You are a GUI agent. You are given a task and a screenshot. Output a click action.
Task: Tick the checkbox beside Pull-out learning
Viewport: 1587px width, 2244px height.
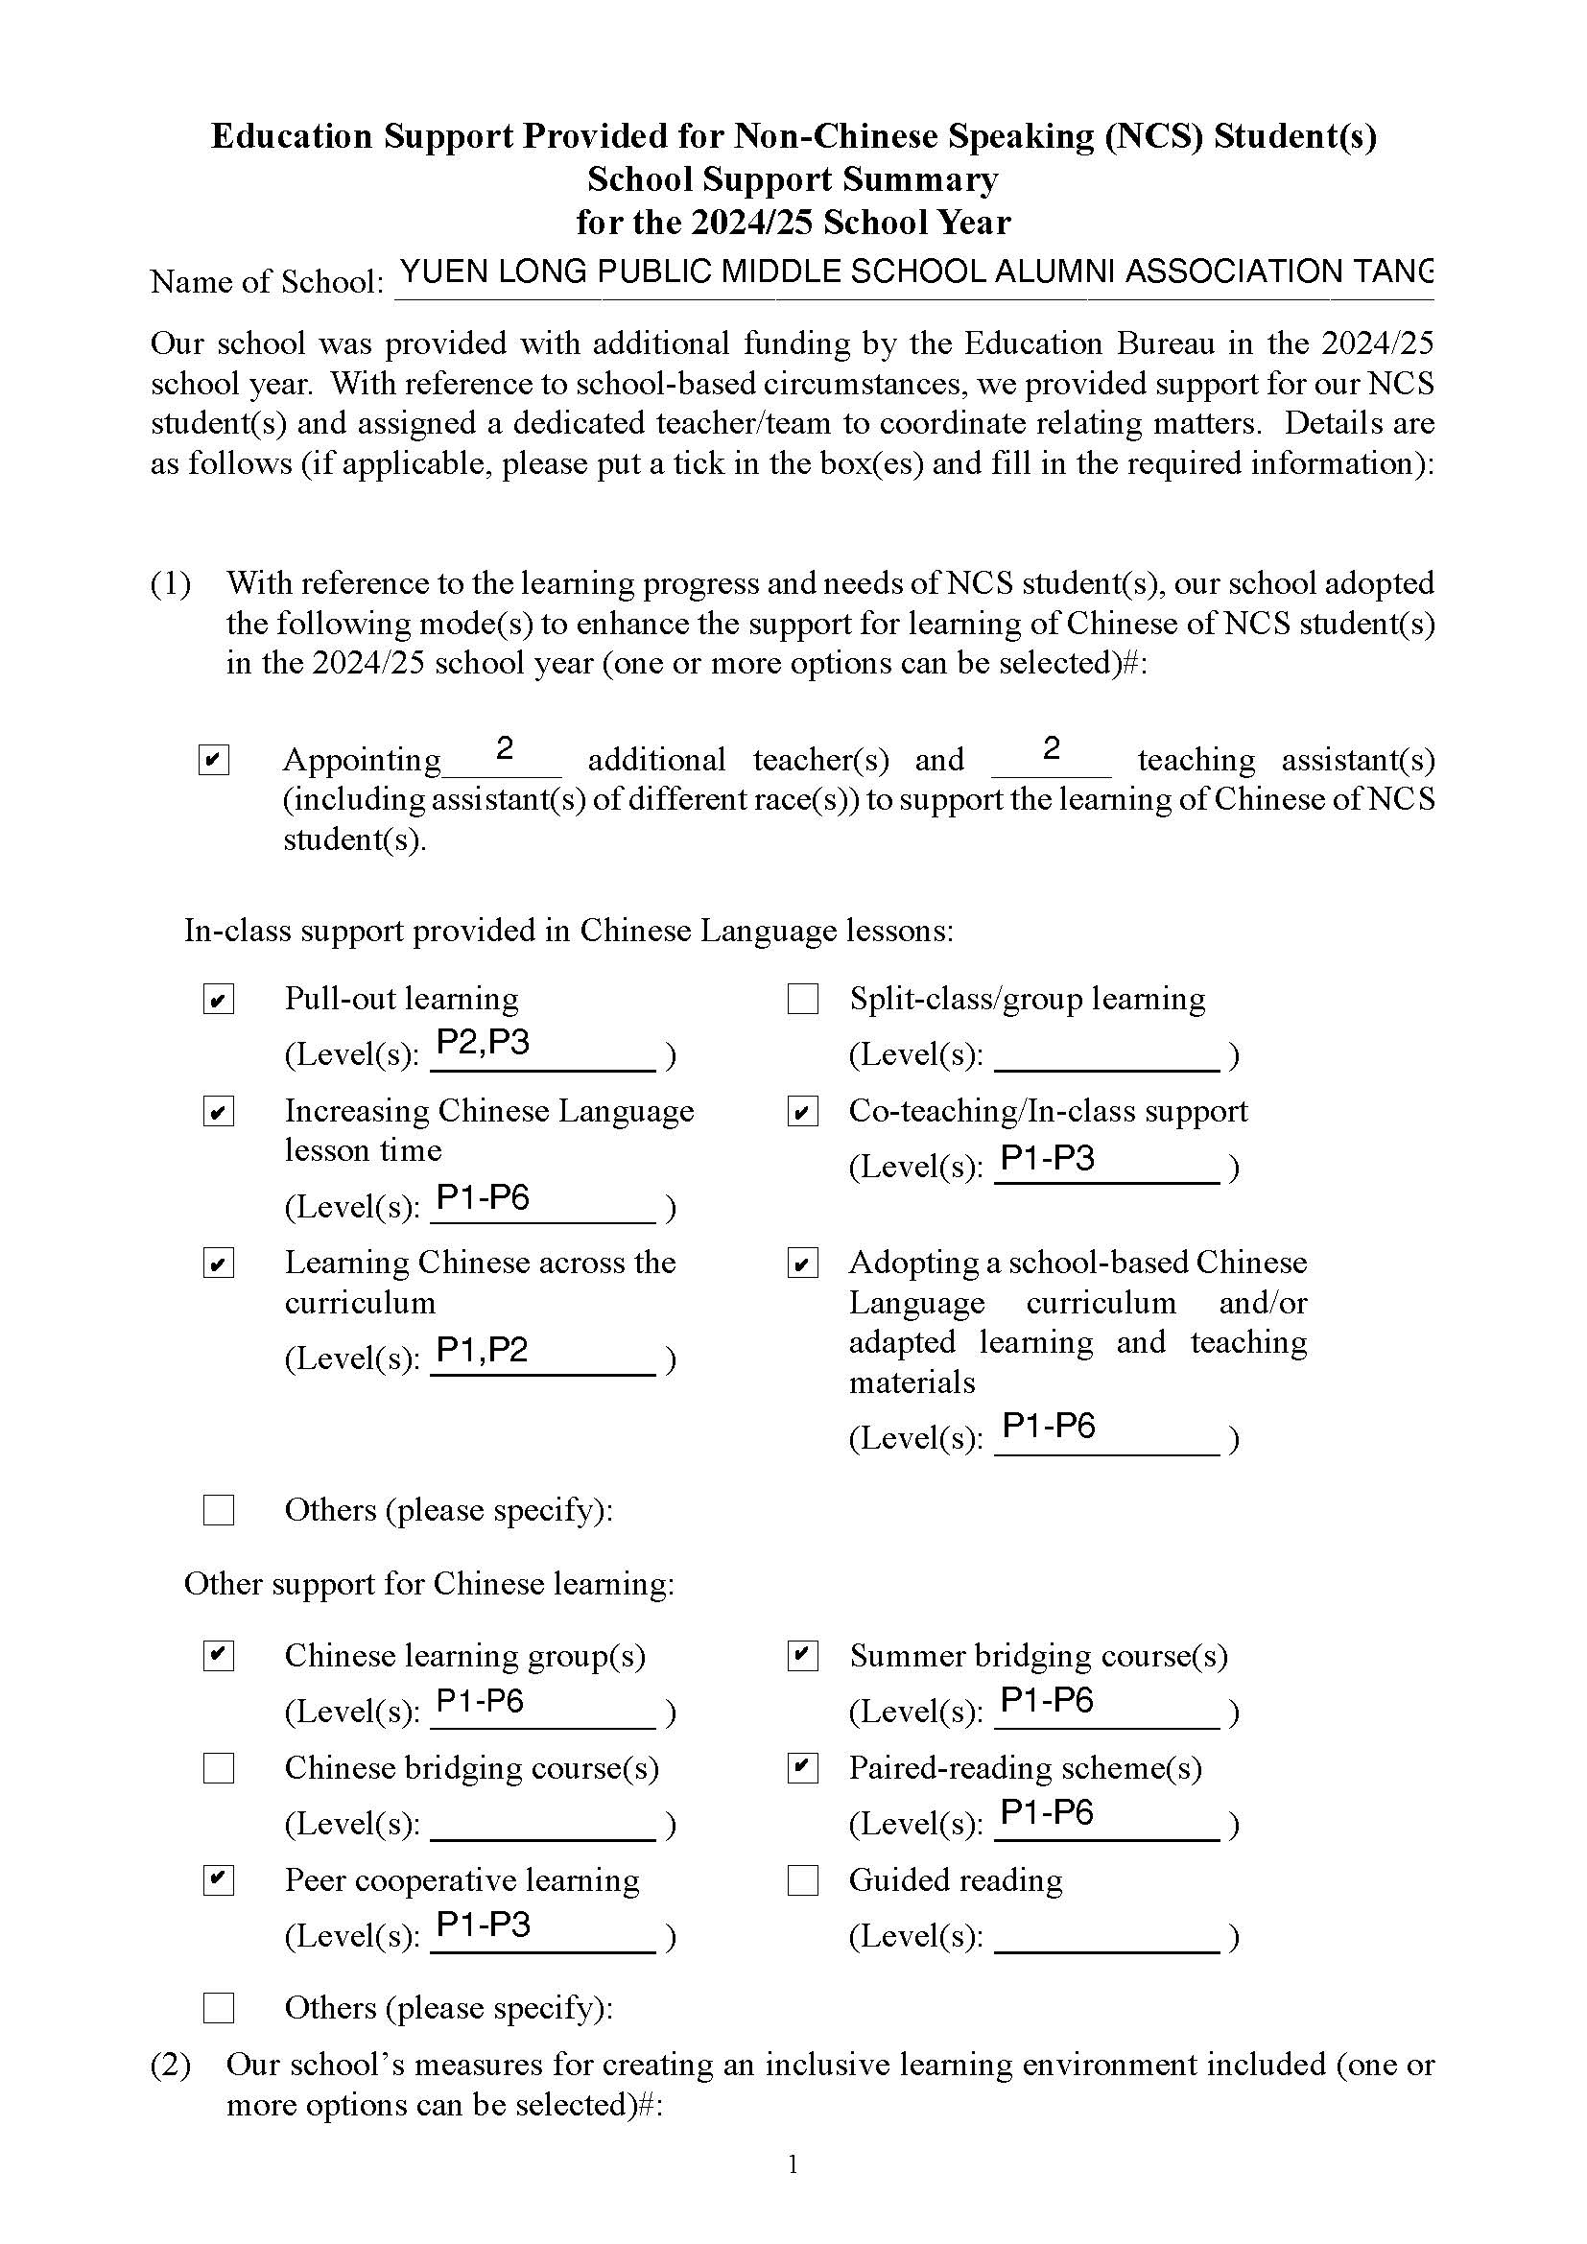218,1000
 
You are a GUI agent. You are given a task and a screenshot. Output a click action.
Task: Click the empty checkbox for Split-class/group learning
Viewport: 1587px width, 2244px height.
802,1000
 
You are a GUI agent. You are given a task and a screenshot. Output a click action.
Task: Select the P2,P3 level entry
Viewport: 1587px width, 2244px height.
483,1043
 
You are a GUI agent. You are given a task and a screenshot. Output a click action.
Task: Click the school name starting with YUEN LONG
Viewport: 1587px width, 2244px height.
915,272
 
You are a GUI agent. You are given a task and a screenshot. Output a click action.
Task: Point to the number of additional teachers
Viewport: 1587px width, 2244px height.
505,748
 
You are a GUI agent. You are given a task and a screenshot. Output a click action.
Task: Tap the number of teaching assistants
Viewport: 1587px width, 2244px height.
1051,748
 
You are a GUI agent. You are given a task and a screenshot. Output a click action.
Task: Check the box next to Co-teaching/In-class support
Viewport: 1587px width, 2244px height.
802,1112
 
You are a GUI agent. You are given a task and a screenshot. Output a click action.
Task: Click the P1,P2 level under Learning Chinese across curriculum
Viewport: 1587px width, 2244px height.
483,1350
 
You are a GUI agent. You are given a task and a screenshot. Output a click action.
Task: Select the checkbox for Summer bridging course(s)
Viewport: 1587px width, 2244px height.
802,1656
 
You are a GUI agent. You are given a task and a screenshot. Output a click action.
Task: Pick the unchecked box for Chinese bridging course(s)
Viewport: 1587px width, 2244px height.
218,1768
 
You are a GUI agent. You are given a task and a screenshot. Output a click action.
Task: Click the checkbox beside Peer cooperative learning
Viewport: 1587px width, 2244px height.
218,1880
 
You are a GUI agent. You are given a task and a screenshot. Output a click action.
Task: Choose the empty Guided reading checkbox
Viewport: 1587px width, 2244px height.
802,1880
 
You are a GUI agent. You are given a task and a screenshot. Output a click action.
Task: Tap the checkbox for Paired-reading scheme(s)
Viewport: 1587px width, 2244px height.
802,1768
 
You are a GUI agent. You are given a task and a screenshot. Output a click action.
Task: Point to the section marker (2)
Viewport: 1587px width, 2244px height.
170,2065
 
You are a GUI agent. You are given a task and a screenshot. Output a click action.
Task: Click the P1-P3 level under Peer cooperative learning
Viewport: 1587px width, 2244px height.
483,1925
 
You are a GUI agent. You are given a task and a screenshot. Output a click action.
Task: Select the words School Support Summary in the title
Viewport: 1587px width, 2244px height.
793,179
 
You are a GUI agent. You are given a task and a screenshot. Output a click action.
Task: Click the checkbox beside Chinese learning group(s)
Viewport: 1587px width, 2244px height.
218,1656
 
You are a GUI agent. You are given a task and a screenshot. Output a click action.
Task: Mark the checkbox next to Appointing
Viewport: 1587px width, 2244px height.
213,760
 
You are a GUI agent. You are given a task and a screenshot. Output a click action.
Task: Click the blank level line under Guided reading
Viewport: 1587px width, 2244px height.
1106,1937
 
